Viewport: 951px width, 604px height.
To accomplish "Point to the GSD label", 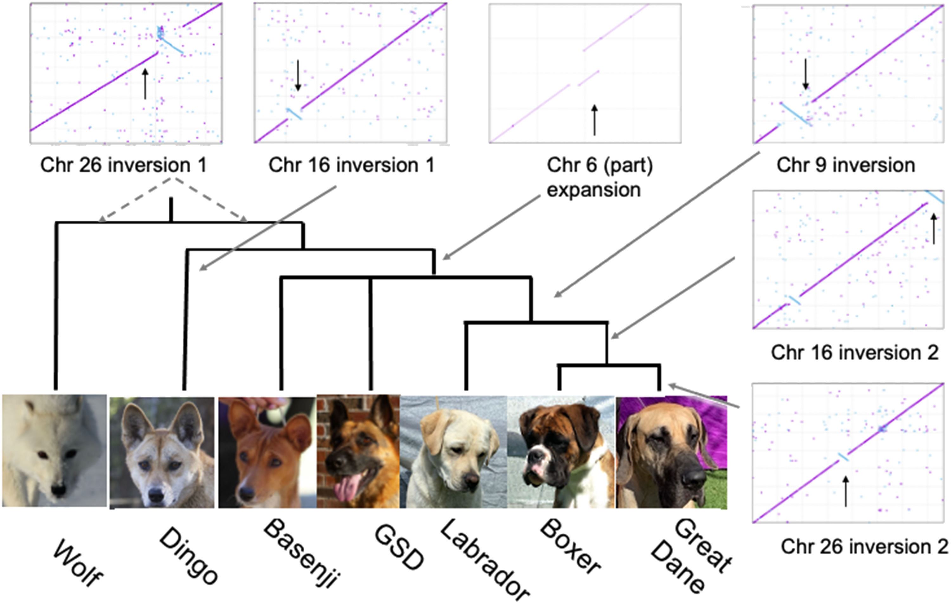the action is [x=399, y=548].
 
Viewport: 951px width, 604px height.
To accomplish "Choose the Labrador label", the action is [x=485, y=559].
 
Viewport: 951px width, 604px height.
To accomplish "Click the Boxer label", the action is [x=570, y=546].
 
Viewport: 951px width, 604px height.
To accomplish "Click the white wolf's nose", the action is [x=58, y=490].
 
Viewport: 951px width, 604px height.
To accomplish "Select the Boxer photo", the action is [x=561, y=451].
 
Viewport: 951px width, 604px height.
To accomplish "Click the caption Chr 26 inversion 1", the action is [x=124, y=165].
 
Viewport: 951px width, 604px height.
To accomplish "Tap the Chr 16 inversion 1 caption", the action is [x=352, y=165].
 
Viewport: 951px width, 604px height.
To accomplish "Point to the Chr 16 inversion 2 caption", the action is [x=855, y=352].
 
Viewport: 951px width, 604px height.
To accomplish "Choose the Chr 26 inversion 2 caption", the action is [x=864, y=546].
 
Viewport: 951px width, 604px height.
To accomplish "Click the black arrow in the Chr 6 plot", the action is [x=594, y=120].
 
